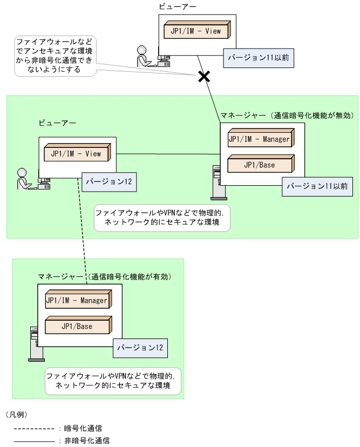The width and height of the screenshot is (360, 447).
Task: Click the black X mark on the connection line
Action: (x=203, y=76)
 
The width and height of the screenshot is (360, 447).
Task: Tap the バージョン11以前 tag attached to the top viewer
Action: (x=259, y=58)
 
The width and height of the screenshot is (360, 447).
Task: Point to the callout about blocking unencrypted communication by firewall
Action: (x=54, y=56)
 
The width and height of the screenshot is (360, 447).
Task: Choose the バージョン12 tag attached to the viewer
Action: (x=109, y=181)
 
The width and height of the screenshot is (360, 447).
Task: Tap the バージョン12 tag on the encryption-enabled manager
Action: (x=140, y=348)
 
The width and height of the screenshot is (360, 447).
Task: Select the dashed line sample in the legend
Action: (x=33, y=429)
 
